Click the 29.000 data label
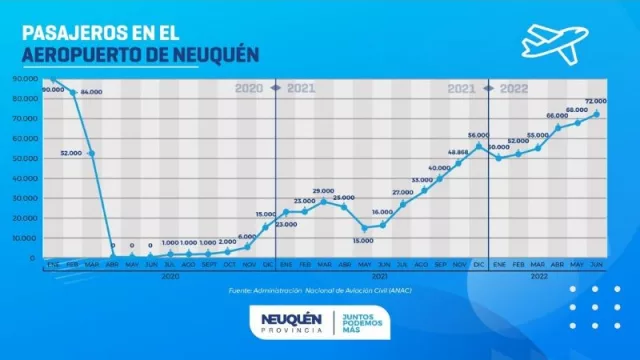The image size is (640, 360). [323, 190]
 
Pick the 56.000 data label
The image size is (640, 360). [478, 135]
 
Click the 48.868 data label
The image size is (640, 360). [457, 152]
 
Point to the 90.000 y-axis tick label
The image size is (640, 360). [25, 78]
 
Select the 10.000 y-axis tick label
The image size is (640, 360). [25, 238]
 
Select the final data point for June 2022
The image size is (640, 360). [597, 114]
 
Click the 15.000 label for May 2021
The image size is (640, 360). [361, 240]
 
